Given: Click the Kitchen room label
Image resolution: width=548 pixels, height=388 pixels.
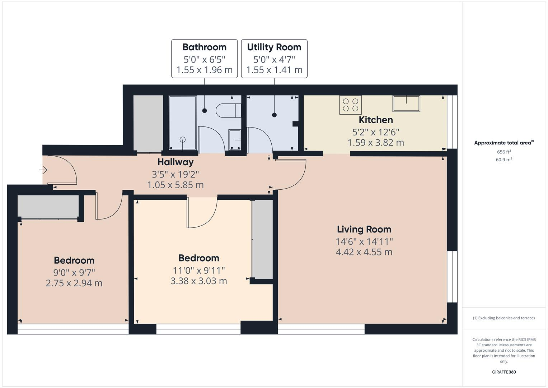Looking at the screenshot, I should [376, 120].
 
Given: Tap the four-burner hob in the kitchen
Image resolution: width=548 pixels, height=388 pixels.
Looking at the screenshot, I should [350, 105].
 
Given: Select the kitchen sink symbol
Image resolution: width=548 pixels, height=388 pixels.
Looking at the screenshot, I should [406, 103].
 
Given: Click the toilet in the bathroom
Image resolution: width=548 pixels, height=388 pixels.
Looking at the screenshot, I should [228, 110].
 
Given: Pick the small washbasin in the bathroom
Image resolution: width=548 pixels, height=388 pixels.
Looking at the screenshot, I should [235, 139].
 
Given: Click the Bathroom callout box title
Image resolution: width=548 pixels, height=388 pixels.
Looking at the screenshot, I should [204, 47].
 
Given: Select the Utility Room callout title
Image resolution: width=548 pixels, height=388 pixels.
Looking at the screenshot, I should [274, 47].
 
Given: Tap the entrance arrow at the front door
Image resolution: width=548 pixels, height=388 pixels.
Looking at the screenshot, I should [43, 169].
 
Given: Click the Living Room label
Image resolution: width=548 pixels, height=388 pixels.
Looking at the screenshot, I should [364, 229].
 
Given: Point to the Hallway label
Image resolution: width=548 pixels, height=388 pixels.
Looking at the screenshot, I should [175, 162].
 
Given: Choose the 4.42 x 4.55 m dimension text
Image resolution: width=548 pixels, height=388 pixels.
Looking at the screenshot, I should [364, 252].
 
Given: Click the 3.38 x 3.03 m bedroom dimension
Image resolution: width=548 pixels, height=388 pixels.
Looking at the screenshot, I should [198, 281].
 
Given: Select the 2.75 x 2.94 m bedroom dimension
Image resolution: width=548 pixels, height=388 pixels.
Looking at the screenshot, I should [74, 283].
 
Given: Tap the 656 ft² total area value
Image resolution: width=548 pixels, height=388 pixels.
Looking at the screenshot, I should [504, 152].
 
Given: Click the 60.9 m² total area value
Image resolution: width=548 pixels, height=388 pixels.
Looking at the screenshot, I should [504, 160].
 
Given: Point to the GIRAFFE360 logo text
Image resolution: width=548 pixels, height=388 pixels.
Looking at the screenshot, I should [503, 372].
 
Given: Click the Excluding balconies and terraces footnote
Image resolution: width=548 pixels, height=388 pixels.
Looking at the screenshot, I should [504, 318].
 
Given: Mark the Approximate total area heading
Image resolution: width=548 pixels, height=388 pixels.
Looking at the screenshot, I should [503, 143].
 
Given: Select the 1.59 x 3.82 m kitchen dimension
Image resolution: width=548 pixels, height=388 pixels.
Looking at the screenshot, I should [376, 143].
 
